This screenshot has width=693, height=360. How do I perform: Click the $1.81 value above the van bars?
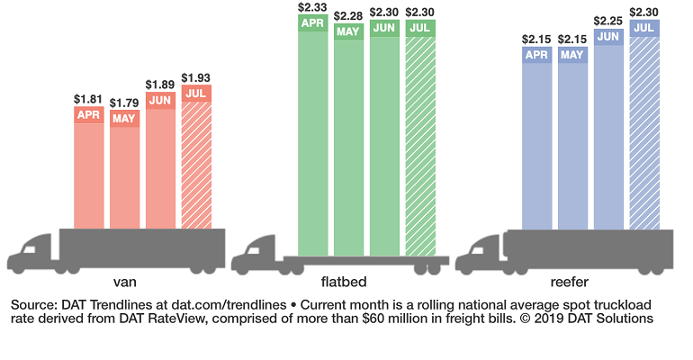coord(88,97)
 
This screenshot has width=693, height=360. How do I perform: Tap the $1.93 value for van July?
coord(196,76)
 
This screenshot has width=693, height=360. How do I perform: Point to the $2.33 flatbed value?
coord(313,8)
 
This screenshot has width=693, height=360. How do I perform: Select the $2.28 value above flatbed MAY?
coord(349,16)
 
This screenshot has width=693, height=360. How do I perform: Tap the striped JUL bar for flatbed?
coord(420,135)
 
